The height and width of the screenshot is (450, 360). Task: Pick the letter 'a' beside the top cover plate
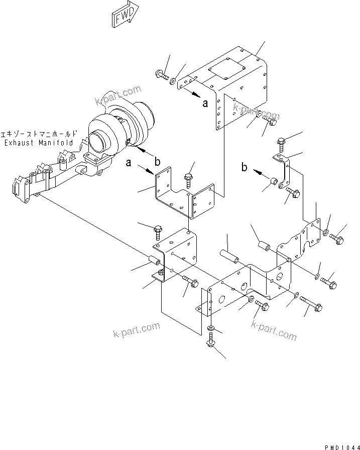[204, 104]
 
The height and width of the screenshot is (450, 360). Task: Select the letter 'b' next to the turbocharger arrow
[157, 162]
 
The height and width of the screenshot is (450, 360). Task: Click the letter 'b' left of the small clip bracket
[245, 167]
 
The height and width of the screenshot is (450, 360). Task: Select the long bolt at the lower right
[311, 304]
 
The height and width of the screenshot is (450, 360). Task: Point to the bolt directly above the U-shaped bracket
[189, 177]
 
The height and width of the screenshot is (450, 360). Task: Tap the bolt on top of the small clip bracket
[281, 144]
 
